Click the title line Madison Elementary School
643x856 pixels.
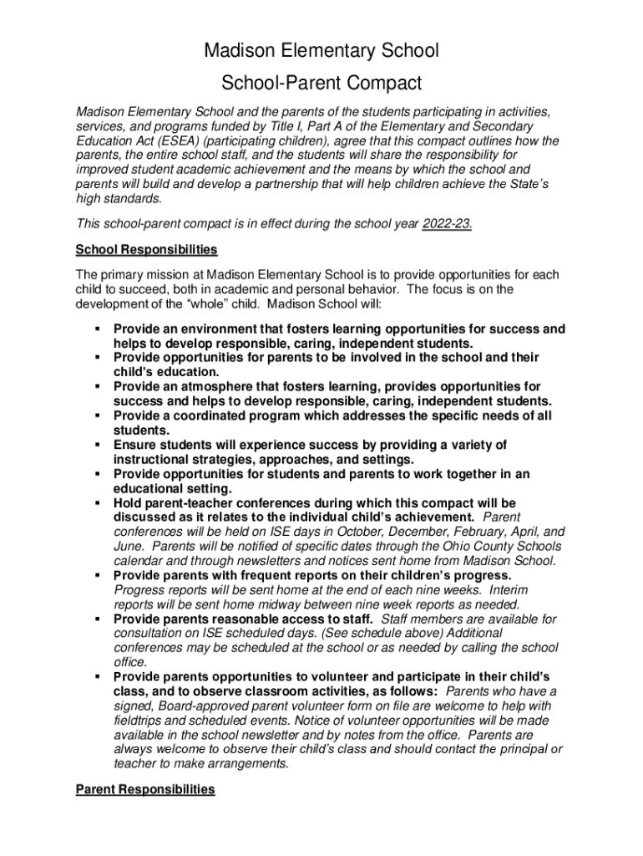pos(321,51)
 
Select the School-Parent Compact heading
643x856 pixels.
pos(321,84)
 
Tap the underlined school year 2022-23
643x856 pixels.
pos(448,224)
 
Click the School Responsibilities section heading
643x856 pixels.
pos(146,249)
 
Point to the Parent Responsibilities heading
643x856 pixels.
pos(145,789)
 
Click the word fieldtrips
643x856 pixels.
pos(141,721)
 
